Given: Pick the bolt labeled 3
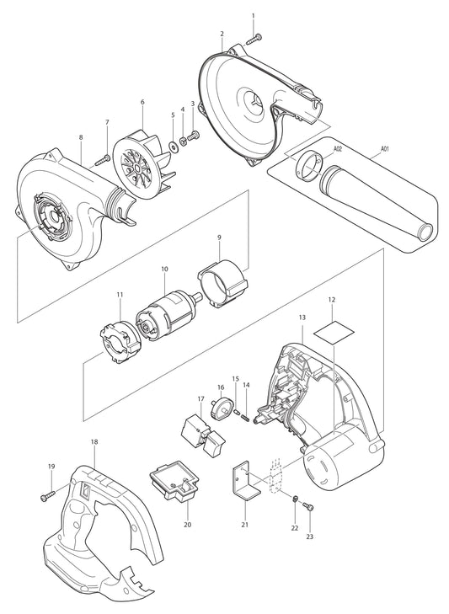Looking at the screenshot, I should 194,135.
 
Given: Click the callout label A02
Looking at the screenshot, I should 337,149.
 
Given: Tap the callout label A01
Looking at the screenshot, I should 385,149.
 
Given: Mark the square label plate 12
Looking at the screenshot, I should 332,327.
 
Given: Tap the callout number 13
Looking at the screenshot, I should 302,318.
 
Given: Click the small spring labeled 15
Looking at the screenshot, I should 239,412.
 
